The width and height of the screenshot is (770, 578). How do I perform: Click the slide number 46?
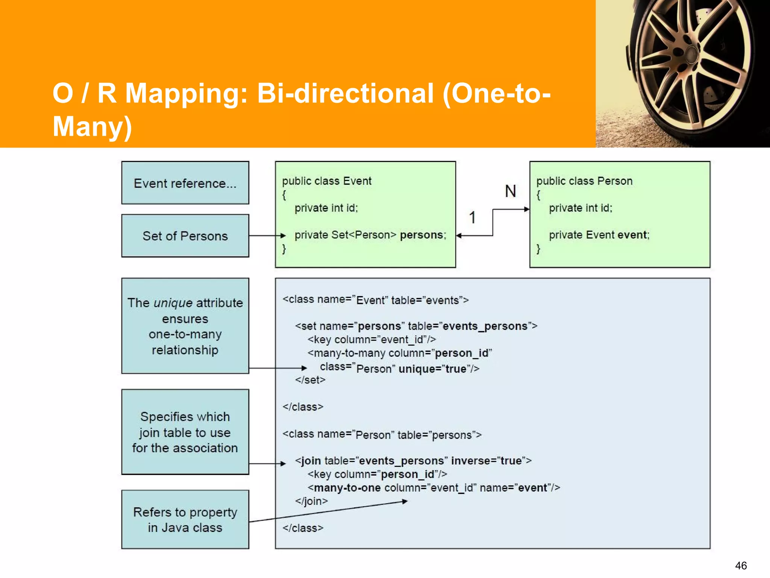tap(741, 565)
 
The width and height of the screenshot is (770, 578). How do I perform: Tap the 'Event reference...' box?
tap(185, 183)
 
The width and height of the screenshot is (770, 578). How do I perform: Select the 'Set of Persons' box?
tap(185, 236)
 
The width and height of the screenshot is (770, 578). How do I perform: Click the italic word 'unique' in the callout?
tap(173, 303)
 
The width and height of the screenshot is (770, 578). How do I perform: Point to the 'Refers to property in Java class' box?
tap(185, 519)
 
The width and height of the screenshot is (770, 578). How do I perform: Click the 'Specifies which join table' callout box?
tap(185, 432)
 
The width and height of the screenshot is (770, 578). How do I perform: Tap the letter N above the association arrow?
tap(510, 191)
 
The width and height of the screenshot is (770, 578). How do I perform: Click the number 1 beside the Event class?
tap(472, 218)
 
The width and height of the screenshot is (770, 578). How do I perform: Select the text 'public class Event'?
tap(326, 181)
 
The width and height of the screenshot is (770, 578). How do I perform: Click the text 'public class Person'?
tap(584, 181)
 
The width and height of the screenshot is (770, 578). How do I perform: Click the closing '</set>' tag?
tap(310, 380)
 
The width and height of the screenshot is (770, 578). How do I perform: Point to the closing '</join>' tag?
tap(311, 501)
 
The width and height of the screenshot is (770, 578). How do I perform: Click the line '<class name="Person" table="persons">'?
tap(382, 435)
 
